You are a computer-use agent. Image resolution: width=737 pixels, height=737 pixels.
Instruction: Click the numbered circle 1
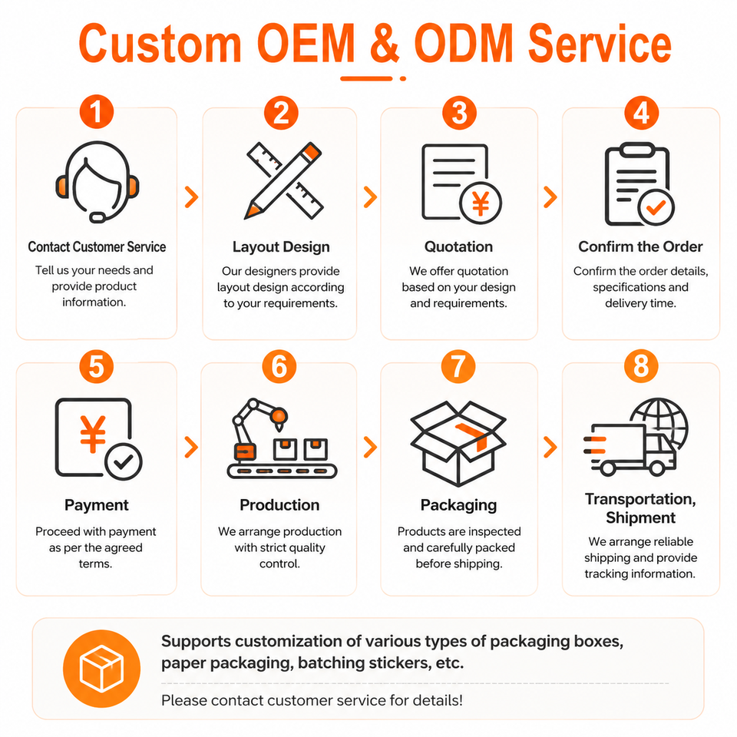[97, 112]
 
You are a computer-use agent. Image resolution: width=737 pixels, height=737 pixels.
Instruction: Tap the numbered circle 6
[279, 366]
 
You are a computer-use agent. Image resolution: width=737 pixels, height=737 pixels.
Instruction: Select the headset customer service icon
[97, 181]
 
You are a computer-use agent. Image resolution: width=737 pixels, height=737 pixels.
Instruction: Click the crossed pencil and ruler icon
[283, 180]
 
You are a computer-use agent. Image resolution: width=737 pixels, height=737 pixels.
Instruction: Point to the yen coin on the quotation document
[481, 203]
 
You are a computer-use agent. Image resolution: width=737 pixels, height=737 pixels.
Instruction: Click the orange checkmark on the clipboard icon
[656, 207]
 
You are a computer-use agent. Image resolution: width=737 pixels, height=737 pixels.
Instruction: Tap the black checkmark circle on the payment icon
[123, 462]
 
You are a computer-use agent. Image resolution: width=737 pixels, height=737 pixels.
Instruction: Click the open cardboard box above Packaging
[458, 443]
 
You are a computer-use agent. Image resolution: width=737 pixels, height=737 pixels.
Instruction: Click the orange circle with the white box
[101, 669]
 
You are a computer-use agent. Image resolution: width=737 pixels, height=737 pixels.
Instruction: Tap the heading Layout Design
[281, 247]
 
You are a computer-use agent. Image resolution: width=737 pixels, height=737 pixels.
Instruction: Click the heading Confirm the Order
[640, 246]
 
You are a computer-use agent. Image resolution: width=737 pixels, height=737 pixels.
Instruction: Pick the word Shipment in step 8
[640, 517]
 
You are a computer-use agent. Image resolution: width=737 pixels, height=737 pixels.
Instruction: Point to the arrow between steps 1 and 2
[191, 197]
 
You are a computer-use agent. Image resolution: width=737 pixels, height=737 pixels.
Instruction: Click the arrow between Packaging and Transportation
[550, 447]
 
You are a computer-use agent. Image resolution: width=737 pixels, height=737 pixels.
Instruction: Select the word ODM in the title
[464, 43]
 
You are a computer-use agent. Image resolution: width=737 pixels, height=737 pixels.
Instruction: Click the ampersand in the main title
[385, 43]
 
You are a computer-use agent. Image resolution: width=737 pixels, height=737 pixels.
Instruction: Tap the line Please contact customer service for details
[312, 700]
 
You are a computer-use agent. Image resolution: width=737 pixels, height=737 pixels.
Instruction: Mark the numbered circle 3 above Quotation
[459, 113]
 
